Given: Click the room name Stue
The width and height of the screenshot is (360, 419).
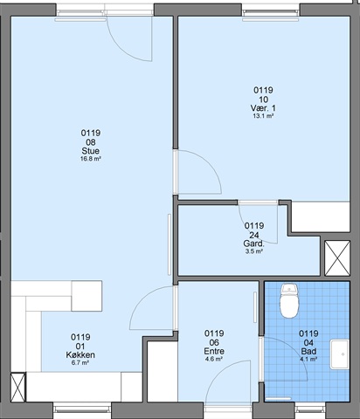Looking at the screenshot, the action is point(91,151).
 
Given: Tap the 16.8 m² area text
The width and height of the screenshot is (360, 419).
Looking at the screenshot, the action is point(91,159).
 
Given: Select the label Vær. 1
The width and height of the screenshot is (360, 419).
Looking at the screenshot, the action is point(263,108).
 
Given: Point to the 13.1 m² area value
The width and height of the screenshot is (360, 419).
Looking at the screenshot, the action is point(263,116).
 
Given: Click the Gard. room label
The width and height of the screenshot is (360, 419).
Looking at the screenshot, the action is point(253,244).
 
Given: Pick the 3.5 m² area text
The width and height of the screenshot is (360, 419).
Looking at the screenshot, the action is point(254,251).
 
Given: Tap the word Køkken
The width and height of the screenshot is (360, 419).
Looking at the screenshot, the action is point(80,355).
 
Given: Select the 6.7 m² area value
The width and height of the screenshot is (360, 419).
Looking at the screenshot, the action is point(80,363).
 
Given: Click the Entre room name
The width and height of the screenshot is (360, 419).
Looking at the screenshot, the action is point(214,351).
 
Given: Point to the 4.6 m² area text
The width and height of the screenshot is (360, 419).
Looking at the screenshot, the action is point(214,359).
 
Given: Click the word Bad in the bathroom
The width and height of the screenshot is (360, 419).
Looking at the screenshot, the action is point(308,352).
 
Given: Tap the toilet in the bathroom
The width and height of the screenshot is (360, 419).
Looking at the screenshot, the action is point(289,301).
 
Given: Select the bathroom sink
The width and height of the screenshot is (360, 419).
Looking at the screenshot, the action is point(340,354).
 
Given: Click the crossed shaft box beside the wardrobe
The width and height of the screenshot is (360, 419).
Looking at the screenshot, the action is point(337,258).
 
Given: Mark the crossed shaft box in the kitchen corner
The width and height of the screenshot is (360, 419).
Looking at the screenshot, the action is point(18,388).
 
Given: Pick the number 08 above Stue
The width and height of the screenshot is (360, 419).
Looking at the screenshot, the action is point(91,142).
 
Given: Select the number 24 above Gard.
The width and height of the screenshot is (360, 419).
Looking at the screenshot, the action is point(254,235).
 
